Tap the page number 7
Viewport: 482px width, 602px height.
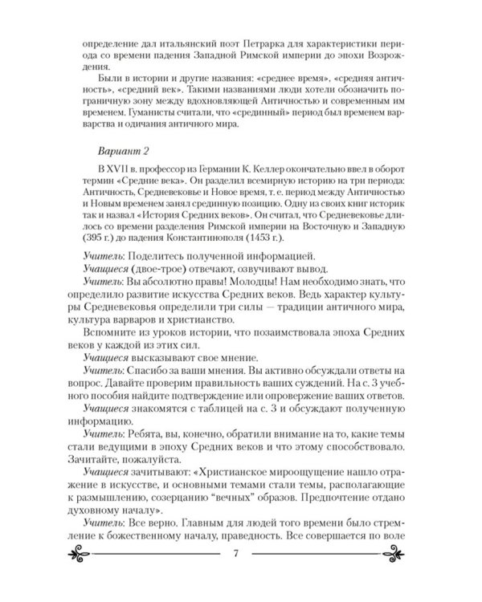tap(235, 554)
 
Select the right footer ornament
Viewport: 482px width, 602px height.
tap(388, 554)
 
